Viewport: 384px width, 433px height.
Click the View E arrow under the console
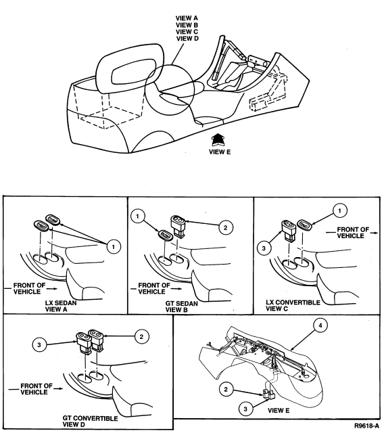pyautogui.click(x=218, y=140)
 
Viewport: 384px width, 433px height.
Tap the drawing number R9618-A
pyautogui.click(x=366, y=426)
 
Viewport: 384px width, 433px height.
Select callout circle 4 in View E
pyautogui.click(x=320, y=325)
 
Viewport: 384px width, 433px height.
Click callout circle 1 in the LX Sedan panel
pyautogui.click(x=114, y=246)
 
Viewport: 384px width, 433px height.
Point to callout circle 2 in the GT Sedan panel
pyautogui.click(x=226, y=227)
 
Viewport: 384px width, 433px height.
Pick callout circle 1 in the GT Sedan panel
pyautogui.click(x=138, y=216)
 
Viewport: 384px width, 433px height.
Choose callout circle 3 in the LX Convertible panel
pyautogui.click(x=264, y=248)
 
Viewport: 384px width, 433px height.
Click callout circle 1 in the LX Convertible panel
pyautogui.click(x=339, y=210)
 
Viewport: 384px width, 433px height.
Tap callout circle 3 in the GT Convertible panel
pyautogui.click(x=39, y=344)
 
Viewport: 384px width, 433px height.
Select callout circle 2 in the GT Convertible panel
pyautogui.click(x=141, y=337)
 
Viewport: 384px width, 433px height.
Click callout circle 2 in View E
pyautogui.click(x=226, y=390)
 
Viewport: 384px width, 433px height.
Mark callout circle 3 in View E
pyautogui.click(x=246, y=409)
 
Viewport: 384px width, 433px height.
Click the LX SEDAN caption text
pyautogui.click(x=61, y=303)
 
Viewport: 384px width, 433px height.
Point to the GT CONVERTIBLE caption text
pyautogui.click(x=90, y=418)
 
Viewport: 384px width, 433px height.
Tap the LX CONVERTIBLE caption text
pyautogui.click(x=293, y=302)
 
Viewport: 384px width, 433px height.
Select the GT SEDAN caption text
pyautogui.click(x=181, y=304)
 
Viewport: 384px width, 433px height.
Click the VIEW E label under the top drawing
pyautogui.click(x=220, y=152)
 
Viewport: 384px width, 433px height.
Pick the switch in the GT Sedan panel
pyautogui.click(x=178, y=227)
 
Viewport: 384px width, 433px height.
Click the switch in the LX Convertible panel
pyautogui.click(x=288, y=230)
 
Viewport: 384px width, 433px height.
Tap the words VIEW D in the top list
pyautogui.click(x=187, y=39)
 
